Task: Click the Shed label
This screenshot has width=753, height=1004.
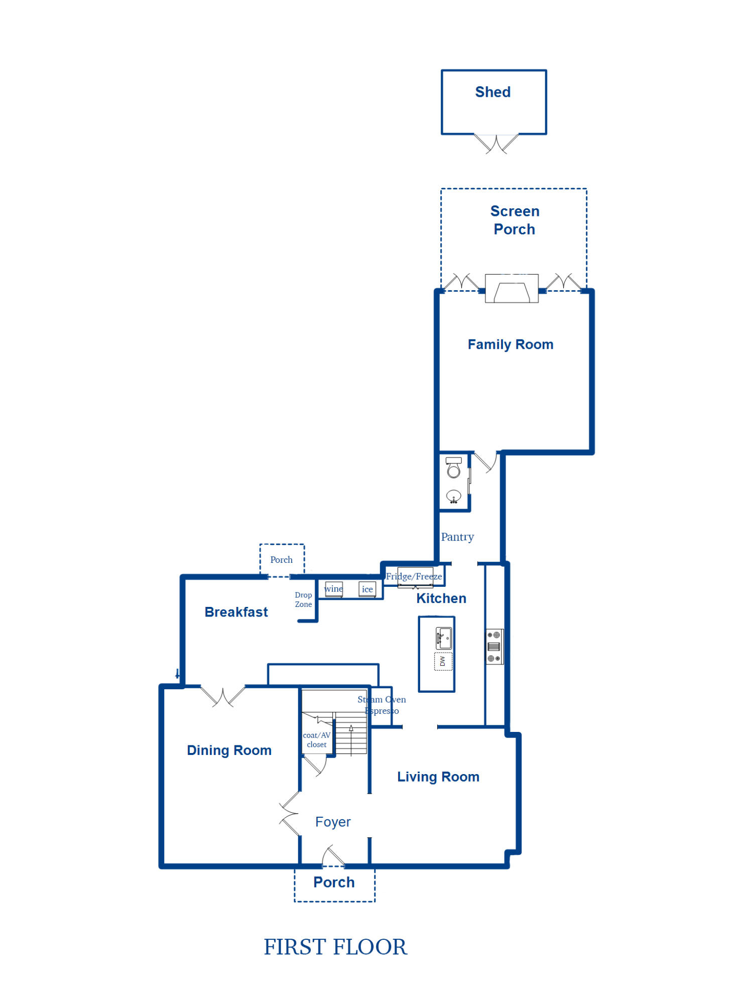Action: (493, 92)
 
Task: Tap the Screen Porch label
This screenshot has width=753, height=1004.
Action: (515, 220)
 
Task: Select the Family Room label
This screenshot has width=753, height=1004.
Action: (511, 344)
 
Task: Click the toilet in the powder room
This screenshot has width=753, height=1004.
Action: (454, 467)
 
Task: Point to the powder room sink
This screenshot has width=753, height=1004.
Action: (454, 496)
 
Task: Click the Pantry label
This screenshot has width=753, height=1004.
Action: (457, 537)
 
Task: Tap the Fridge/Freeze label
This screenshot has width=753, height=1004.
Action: (414, 576)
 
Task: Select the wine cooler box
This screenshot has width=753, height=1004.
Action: (334, 589)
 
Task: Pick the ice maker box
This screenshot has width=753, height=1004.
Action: (367, 589)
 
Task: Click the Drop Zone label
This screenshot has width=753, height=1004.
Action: (303, 599)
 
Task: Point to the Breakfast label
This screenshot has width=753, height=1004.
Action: (236, 612)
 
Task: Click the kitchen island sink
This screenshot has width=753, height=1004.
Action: (444, 638)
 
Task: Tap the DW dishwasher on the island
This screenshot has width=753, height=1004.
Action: (443, 661)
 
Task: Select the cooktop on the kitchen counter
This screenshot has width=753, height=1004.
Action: (494, 647)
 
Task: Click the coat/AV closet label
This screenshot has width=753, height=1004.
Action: (317, 740)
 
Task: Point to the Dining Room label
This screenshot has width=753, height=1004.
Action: (229, 750)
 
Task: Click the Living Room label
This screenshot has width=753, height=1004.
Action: (438, 777)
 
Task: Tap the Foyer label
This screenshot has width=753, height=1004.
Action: (333, 822)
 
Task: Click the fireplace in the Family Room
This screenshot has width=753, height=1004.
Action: (512, 289)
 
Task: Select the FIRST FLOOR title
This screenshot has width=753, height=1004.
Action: (335, 947)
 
